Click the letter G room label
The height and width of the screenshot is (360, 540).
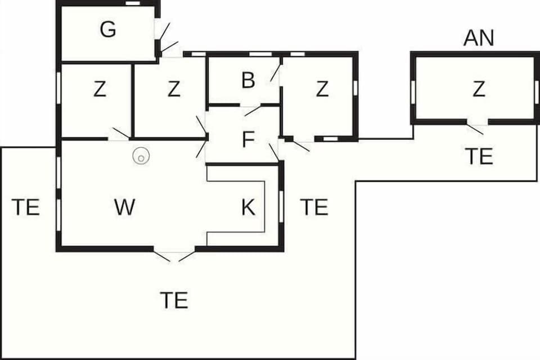tap(108, 30)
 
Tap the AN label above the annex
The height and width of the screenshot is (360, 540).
tap(479, 38)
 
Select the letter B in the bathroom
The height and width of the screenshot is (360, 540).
tap(248, 80)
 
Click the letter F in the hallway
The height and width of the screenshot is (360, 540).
tap(248, 139)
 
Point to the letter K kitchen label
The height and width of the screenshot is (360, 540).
tap(248, 208)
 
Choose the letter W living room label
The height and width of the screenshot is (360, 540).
tap(124, 208)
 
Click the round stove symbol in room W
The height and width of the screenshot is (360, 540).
tap(141, 156)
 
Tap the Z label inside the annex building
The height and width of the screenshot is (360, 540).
tap(479, 89)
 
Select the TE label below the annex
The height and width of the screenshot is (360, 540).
tap(479, 156)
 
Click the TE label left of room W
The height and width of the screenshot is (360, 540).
tap(26, 208)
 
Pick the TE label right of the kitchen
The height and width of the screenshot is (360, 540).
tap(314, 208)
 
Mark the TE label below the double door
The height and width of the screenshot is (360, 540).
tap(174, 300)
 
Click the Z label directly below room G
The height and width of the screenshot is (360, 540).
tap(100, 89)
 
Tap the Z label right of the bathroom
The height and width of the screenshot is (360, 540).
tap(322, 89)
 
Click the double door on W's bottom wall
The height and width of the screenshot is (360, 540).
tap(174, 255)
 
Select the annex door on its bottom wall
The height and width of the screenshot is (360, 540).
tap(476, 126)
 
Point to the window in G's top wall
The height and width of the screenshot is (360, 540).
tap(133, 3)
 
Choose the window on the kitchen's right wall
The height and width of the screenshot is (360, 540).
tap(281, 206)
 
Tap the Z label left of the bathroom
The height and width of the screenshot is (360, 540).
tap(174, 89)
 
